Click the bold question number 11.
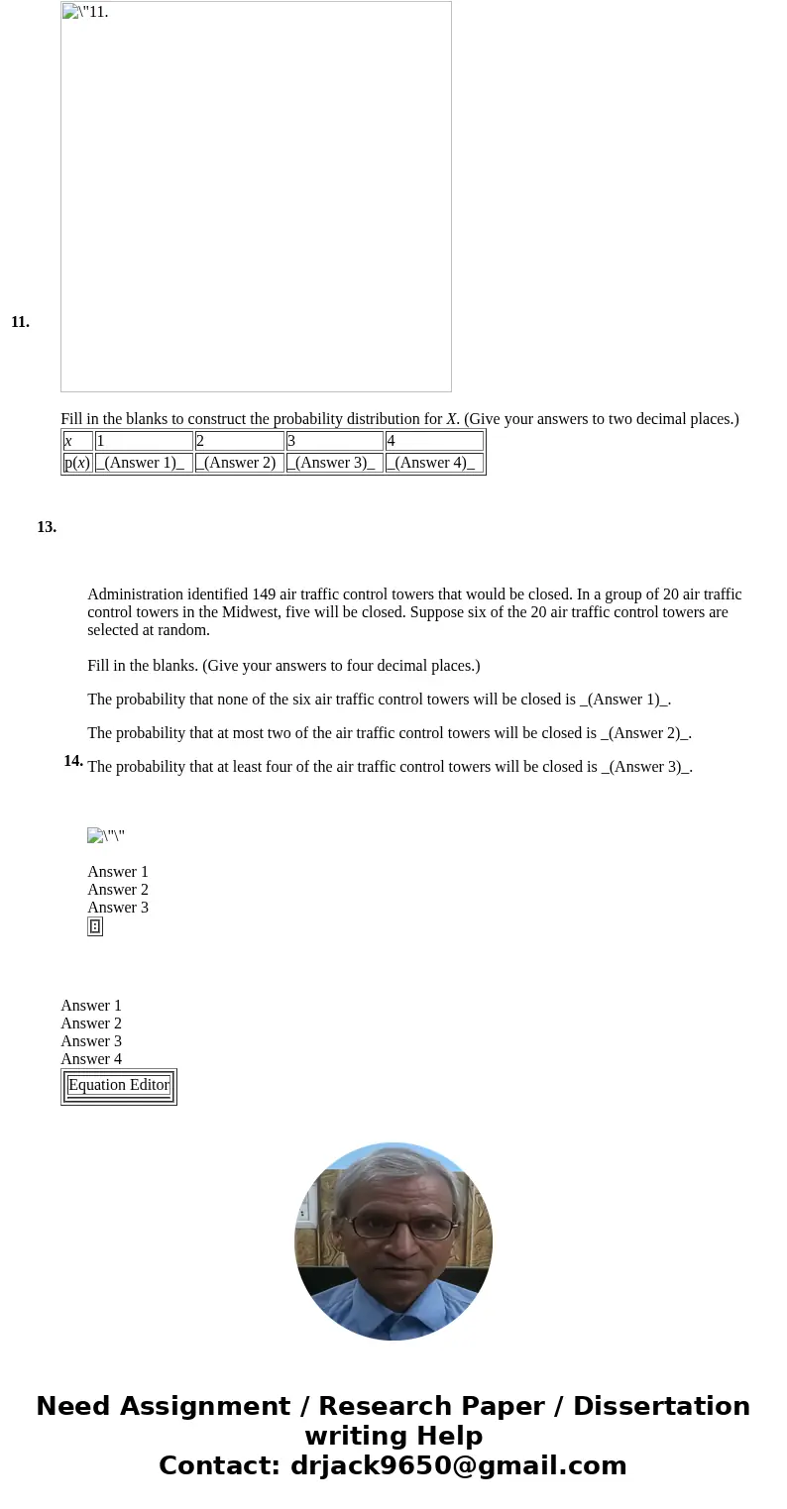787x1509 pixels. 20,322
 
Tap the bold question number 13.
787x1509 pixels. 47,527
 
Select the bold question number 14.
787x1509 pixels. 73,761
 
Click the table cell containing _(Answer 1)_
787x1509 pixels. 144,463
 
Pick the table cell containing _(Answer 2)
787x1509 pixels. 239,463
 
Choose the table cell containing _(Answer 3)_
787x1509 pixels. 334,463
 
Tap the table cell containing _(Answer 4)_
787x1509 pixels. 434,463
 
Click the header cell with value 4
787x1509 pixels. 434,441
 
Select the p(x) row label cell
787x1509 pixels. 77,463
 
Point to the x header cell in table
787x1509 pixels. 77,441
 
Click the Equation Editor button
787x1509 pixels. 119,1086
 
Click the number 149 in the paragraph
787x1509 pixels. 264,594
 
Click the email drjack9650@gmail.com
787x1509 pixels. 458,1466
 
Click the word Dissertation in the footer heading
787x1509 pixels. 661,1407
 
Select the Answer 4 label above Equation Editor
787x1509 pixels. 91,1059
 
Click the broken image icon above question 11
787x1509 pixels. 70,12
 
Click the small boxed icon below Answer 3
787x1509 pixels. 95,926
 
